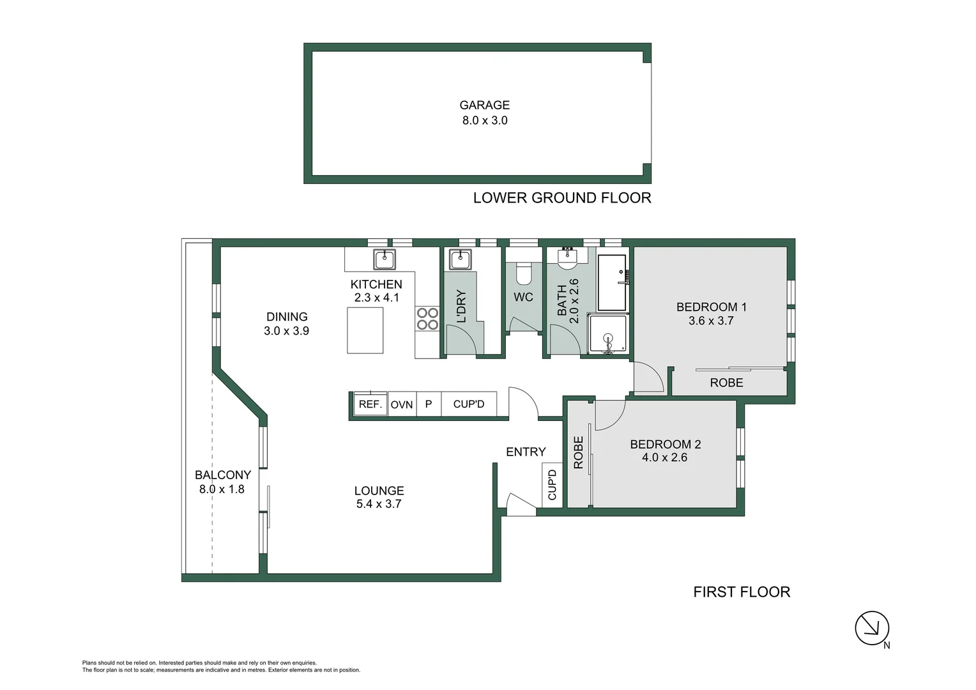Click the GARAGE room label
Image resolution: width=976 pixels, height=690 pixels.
484,105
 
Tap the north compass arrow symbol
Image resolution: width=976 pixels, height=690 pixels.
872,628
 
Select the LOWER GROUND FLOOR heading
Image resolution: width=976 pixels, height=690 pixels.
561,198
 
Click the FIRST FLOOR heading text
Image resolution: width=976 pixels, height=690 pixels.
742,592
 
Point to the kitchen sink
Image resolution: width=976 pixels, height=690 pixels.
384,259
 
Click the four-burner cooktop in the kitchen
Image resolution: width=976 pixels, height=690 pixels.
427,319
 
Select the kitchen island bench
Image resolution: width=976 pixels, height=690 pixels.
365,330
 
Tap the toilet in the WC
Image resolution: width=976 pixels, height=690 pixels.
523,273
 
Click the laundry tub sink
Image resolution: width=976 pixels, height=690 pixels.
460,259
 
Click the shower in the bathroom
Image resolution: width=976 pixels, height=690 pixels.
607,333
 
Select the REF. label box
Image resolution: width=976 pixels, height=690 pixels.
370,404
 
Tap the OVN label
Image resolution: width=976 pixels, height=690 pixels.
402,404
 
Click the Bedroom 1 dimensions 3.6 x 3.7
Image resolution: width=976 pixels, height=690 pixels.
711,321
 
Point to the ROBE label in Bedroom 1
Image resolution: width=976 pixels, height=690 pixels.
726,383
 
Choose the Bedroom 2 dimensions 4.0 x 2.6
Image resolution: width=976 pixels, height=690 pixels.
664,457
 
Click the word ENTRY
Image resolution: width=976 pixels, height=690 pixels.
526,452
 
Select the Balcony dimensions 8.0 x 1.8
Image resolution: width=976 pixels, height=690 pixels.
222,489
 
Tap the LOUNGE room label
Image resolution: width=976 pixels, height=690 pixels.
379,491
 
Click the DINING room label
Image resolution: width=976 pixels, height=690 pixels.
287,317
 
